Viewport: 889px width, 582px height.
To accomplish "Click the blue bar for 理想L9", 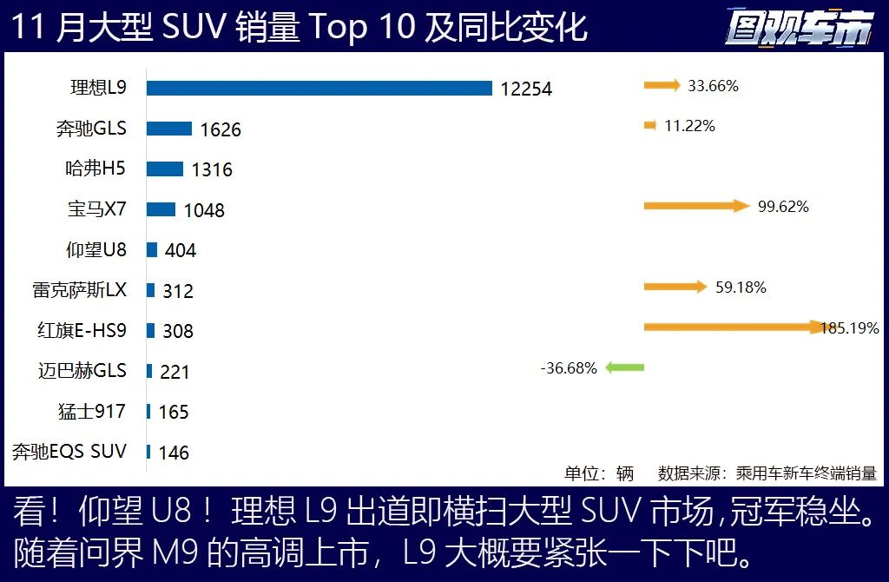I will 319,88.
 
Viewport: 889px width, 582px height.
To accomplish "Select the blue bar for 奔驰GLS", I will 168,129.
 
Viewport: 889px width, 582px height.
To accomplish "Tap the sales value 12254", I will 526,89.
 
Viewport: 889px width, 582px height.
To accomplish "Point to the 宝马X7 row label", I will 97,209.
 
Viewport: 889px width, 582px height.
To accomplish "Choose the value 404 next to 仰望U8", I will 181,250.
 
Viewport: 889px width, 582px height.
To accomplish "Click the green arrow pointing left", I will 625,367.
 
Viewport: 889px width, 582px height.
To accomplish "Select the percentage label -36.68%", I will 569,368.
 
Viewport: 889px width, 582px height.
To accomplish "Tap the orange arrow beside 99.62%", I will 695,206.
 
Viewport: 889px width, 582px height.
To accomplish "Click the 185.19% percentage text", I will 850,328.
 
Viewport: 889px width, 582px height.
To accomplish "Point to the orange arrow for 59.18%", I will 675,287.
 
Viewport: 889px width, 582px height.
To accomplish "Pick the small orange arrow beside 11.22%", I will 649,126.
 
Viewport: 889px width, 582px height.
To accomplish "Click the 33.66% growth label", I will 713,86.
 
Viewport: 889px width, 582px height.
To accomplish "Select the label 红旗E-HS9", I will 82,330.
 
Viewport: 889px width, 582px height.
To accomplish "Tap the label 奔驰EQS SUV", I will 69,452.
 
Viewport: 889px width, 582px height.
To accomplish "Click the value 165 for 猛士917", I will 174,412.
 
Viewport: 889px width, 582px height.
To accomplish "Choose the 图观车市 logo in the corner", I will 799,28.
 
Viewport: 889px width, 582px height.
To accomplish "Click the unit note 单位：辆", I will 599,473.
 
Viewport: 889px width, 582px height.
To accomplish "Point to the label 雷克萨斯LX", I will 80,290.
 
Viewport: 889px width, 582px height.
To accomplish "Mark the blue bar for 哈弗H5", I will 164,169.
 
